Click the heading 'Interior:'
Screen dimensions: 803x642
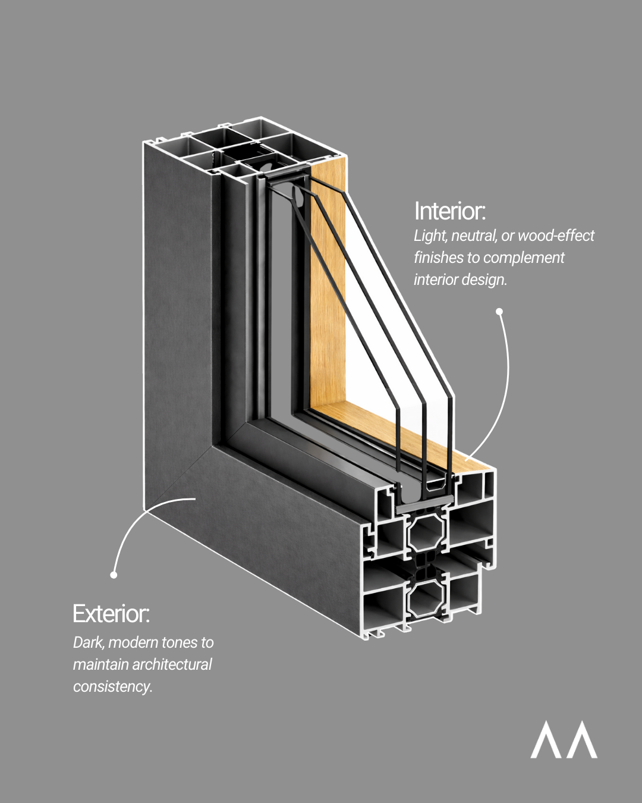click(450, 211)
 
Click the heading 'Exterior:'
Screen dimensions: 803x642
click(111, 614)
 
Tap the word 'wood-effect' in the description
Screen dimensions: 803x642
click(556, 236)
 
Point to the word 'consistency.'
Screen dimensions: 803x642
click(113, 686)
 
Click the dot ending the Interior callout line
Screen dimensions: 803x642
click(499, 311)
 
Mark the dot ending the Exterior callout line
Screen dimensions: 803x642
click(114, 575)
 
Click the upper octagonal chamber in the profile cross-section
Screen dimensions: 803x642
click(426, 532)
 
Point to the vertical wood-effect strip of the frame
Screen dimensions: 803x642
click(327, 286)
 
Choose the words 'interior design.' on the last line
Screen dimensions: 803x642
click(460, 280)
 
